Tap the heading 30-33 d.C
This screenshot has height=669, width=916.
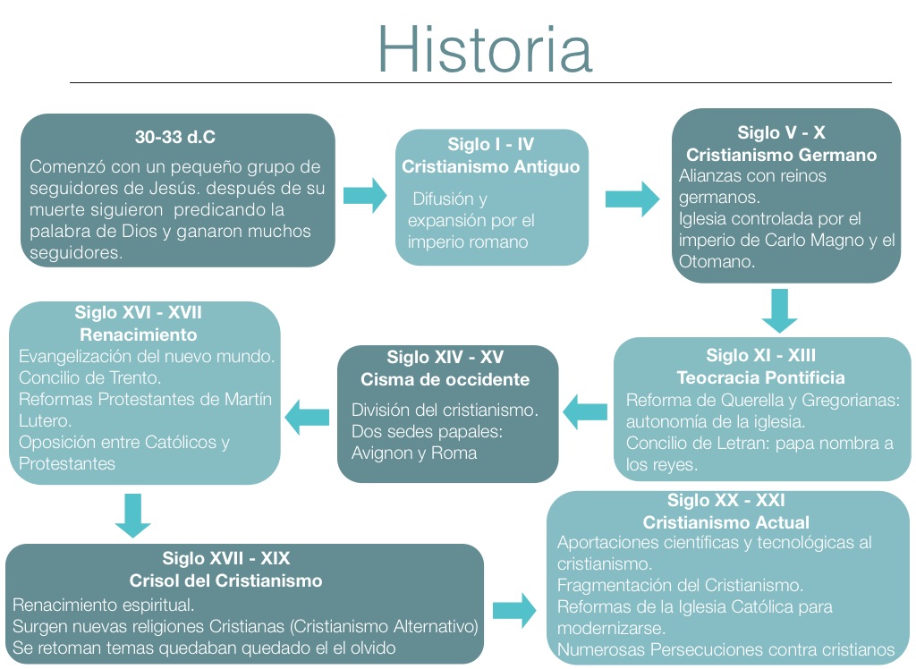(x=175, y=138)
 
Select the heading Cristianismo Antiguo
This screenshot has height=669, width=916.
(x=490, y=166)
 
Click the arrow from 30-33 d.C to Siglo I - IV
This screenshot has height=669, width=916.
(x=364, y=195)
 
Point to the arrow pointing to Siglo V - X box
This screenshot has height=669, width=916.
(x=632, y=195)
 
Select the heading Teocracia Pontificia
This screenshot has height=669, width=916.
(x=760, y=377)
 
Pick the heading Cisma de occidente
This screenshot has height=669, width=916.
(x=445, y=379)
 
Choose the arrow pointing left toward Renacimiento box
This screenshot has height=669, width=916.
(x=307, y=414)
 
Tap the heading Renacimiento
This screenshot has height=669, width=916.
(x=139, y=335)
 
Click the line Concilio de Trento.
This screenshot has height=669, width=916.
(x=90, y=377)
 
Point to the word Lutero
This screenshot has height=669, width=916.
(x=45, y=420)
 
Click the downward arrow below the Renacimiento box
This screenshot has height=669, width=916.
(x=133, y=514)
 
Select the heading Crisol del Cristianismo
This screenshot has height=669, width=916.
(x=225, y=580)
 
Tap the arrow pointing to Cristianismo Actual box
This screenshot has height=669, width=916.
(x=514, y=612)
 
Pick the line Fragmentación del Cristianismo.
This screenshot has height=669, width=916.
(x=680, y=586)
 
